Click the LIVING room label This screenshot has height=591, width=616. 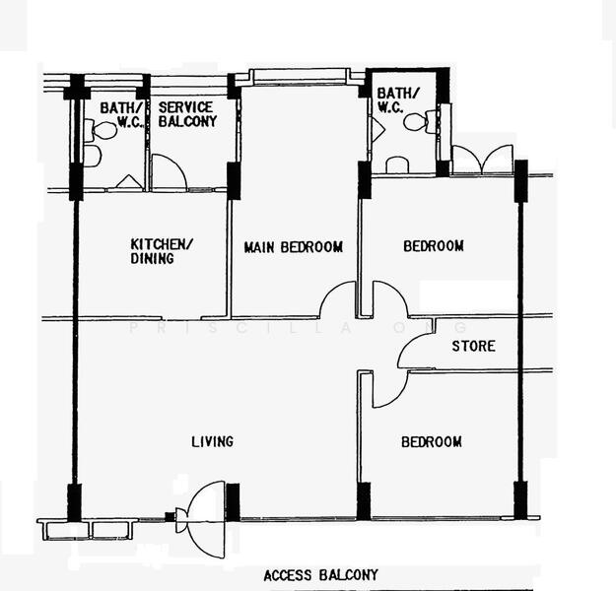tap(212, 441)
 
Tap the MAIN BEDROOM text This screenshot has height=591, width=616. tap(294, 246)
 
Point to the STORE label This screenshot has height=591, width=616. tap(473, 347)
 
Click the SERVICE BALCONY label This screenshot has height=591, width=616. tap(187, 114)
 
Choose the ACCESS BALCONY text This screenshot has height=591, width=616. tap(320, 575)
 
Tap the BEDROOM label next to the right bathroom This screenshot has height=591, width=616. tap(433, 245)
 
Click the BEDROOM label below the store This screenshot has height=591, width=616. tap(431, 442)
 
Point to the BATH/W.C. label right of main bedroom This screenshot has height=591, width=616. tap(398, 99)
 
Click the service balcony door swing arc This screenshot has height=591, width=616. tap(169, 173)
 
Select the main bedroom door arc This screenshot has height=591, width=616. tap(338, 299)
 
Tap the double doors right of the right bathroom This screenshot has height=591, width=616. tap(482, 160)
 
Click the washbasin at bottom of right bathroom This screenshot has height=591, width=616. tap(397, 165)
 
